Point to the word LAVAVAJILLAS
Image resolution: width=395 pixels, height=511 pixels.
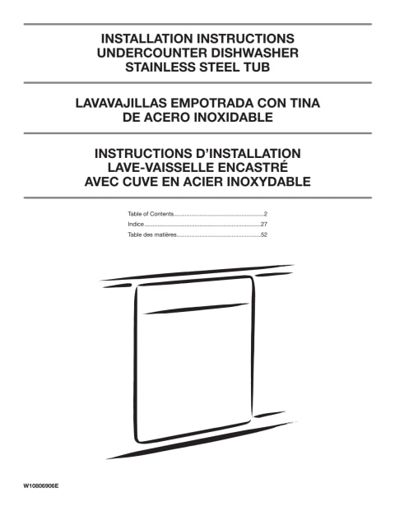coord(124,104)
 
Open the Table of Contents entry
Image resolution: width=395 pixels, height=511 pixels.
coord(150,213)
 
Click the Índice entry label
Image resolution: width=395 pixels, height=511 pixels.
coord(135,224)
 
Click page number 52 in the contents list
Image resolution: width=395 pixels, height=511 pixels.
coord(264,235)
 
